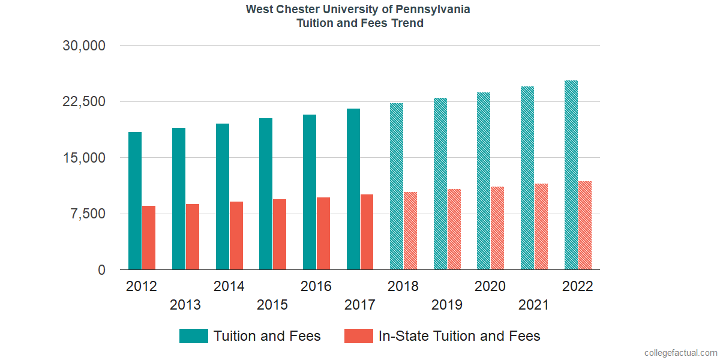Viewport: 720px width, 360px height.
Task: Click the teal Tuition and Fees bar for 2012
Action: [x=135, y=201]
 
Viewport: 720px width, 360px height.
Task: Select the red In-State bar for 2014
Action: [x=236, y=236]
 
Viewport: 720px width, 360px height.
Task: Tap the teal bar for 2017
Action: [x=353, y=189]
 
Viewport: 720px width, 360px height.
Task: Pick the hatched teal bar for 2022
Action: [x=571, y=175]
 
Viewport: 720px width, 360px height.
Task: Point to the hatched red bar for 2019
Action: [x=454, y=230]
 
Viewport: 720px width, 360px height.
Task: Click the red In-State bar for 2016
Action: [x=323, y=233]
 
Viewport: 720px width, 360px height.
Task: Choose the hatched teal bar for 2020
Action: [x=484, y=181]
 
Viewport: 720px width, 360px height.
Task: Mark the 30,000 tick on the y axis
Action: [x=84, y=46]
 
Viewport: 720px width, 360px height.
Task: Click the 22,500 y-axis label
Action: [x=84, y=101]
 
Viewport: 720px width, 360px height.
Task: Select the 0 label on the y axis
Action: [x=102, y=270]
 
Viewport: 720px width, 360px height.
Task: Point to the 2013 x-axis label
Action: [x=185, y=305]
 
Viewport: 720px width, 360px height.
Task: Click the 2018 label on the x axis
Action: [x=403, y=286]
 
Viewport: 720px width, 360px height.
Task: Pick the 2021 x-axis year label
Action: [x=534, y=305]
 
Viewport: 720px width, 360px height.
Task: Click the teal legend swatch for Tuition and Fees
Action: [x=194, y=336]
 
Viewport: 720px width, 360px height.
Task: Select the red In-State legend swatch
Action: [x=359, y=336]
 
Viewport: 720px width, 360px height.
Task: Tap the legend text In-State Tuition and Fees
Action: [x=459, y=336]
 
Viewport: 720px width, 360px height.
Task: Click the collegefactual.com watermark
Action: [x=680, y=353]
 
